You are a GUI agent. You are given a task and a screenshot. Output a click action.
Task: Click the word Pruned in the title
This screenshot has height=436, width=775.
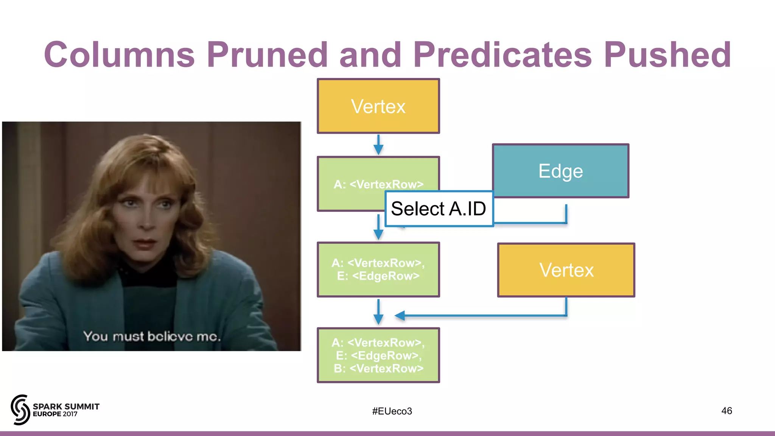coord(267,55)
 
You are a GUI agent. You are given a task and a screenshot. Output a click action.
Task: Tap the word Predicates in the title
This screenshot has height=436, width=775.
coord(503,55)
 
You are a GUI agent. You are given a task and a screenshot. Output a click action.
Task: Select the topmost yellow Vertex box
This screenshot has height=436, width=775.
coord(378,106)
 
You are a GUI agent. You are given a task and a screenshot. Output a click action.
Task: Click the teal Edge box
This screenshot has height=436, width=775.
coord(560,171)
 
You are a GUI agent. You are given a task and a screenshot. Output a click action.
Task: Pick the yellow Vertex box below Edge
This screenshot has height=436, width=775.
coord(566,270)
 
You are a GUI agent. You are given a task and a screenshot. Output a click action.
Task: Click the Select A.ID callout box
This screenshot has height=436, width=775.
coord(439,209)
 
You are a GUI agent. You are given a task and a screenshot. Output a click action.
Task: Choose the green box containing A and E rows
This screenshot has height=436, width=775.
coord(378,269)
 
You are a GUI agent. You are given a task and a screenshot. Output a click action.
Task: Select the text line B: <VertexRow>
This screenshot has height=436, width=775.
coord(378,368)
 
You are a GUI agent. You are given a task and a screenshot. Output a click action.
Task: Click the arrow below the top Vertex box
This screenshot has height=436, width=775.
coord(378,145)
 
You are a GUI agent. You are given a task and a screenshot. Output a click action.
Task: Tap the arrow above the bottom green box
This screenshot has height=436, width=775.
coord(378,313)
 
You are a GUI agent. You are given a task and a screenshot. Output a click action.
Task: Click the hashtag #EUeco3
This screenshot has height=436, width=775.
coord(392,411)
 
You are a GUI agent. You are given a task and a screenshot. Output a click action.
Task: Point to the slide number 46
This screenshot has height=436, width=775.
coord(726,411)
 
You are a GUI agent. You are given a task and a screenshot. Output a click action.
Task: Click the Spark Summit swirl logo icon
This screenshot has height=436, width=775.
coord(20,410)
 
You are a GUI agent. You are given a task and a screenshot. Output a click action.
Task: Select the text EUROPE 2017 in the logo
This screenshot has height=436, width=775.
coord(55,414)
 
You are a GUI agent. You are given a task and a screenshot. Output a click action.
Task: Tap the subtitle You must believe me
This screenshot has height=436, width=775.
coord(151,336)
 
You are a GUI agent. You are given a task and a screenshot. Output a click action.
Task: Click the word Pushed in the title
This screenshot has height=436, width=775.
coord(667,55)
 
